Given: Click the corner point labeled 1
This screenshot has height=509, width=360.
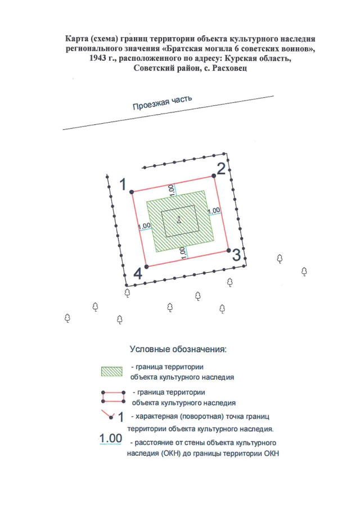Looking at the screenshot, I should point(132,192).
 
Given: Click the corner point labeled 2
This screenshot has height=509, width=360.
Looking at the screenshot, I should point(214,176).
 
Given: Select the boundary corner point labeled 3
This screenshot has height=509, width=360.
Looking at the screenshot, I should point(228,250).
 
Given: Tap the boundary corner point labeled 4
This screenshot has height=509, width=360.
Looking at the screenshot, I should point(146,266).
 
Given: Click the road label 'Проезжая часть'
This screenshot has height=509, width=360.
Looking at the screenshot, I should point(163,102).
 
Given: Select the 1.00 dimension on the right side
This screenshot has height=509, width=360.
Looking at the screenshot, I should point(214,211).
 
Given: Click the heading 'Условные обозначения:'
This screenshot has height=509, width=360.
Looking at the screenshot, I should point(178,349).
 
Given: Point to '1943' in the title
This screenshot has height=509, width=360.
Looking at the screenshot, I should point(97,58).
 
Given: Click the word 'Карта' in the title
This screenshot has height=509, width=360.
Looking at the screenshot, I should point(78,39).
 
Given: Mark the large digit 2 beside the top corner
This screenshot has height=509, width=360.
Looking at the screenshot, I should point(222,169).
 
